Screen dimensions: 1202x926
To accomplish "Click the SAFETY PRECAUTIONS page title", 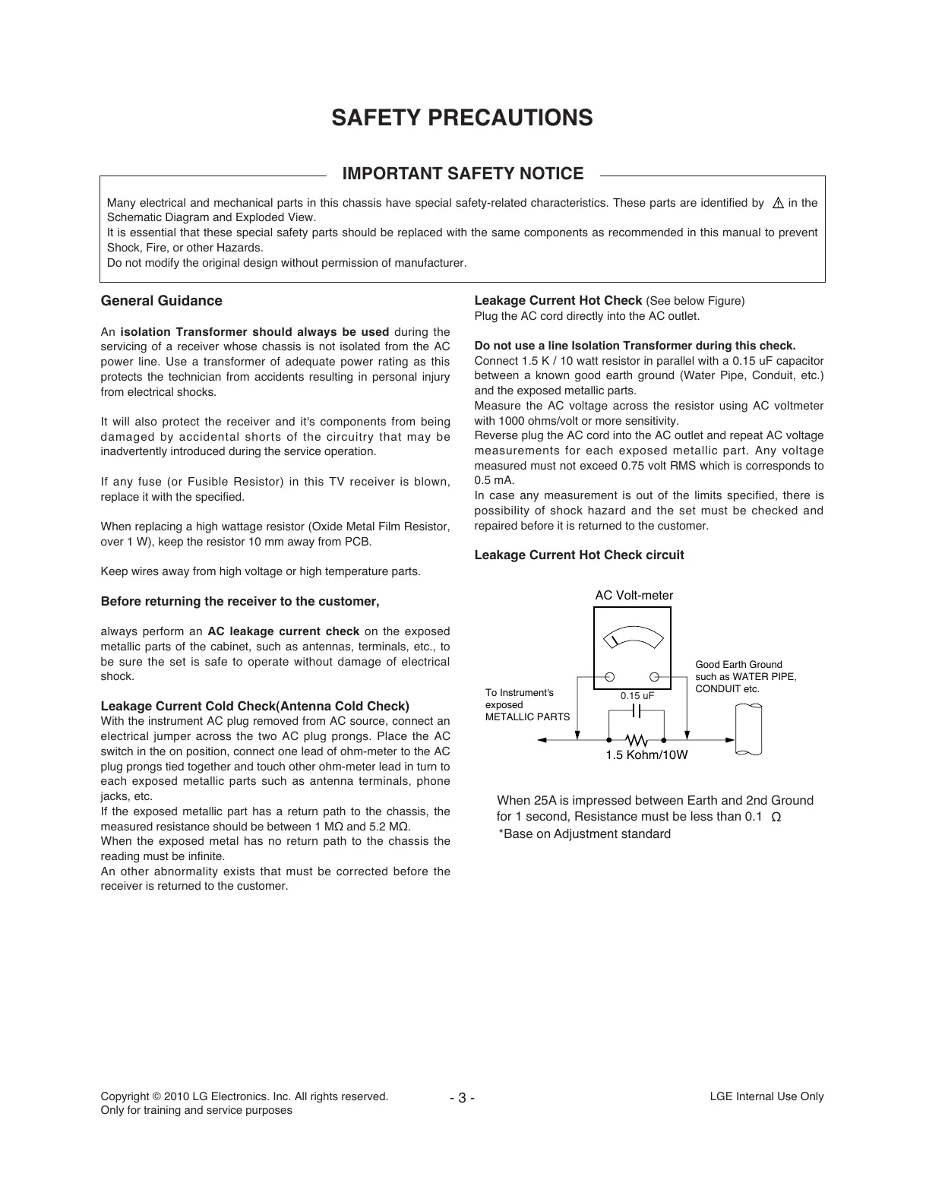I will [462, 119].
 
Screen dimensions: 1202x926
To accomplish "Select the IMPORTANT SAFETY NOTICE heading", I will [463, 174].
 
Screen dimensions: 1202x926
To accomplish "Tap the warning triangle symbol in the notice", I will [777, 204].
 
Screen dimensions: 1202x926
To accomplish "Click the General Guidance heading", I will [162, 301].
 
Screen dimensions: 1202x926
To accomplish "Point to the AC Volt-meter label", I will [634, 596].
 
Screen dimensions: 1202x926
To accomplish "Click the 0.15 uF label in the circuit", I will [637, 696].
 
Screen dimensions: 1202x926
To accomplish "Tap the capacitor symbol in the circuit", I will [637, 711].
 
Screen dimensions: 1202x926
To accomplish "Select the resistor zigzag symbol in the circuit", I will [636, 739].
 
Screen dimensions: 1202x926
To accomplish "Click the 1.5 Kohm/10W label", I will [646, 756].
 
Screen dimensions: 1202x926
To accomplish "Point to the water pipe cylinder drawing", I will [748, 729].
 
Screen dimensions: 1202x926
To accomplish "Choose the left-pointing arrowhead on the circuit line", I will [542, 739].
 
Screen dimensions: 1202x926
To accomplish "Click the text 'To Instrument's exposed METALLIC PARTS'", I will [527, 704].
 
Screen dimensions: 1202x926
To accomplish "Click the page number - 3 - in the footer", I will [462, 1098].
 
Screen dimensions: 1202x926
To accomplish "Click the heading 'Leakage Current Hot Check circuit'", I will [579, 555].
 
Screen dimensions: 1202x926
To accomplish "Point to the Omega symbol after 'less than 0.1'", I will [776, 818].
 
